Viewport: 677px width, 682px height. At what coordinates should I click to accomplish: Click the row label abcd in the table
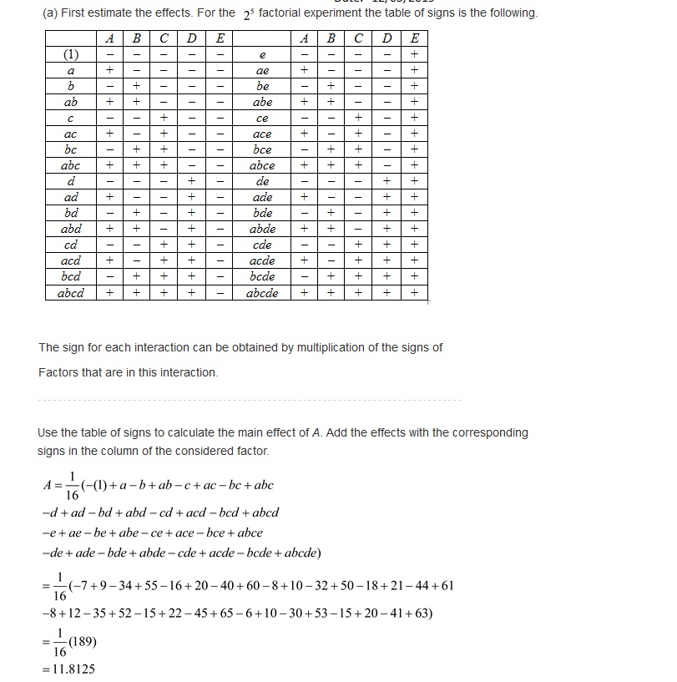pos(71,293)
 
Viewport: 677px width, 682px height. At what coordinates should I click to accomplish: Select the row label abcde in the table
pos(262,293)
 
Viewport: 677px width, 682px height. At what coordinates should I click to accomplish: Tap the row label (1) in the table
pos(71,54)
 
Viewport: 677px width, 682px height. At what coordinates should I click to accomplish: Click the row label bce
pos(262,149)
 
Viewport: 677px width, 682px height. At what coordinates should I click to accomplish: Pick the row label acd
pos(71,261)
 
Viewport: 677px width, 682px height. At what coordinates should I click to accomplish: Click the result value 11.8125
pos(74,669)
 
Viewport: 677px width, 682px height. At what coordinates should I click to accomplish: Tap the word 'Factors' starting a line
pos(58,372)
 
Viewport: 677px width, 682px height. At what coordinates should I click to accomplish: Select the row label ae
pos(262,71)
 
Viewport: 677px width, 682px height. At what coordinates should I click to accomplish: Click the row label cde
pos(262,245)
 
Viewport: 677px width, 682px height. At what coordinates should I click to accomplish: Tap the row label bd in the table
pos(71,213)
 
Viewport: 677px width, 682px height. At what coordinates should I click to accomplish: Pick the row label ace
pos(262,134)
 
